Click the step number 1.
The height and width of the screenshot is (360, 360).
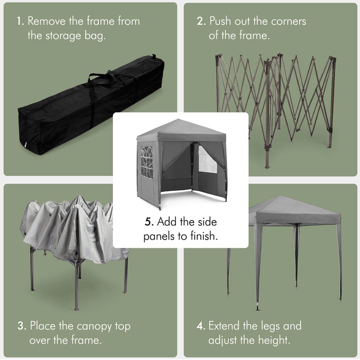(20, 21)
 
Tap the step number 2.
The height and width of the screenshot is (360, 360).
(201, 21)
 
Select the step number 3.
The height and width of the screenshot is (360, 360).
(22, 326)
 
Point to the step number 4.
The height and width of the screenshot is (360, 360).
(201, 326)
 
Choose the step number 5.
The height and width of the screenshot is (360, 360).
(149, 222)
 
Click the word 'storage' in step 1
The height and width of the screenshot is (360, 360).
(63, 36)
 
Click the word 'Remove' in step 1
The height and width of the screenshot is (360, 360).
(46, 21)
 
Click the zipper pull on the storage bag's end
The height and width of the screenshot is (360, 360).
(26, 145)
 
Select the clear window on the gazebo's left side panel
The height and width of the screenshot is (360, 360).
(147, 162)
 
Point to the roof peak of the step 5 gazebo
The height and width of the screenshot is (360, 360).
(179, 119)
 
